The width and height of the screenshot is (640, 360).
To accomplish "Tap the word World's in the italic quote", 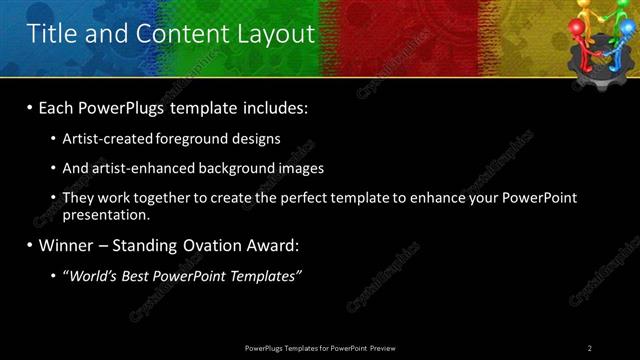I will point(96,275).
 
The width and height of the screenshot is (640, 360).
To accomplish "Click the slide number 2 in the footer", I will point(590,347).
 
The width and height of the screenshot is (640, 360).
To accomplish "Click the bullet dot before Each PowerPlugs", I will point(31,107).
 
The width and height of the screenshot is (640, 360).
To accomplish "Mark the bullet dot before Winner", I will point(31,245).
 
